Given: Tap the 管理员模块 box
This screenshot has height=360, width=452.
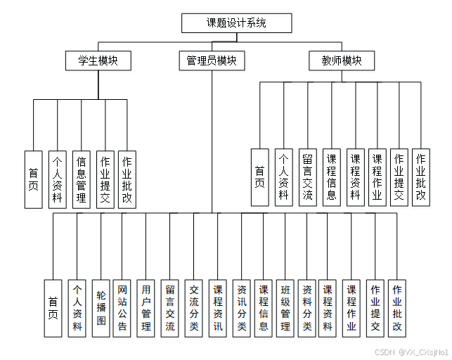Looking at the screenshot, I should click(211, 61).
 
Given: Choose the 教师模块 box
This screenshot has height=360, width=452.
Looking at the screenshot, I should click(336, 61).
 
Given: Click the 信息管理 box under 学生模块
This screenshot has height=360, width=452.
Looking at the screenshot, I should click(82, 179).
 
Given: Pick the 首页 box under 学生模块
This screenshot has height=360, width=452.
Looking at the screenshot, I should click(34, 179).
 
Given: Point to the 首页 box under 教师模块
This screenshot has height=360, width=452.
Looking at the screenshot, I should click(260, 176).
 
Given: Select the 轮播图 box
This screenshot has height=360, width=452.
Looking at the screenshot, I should click(101, 308).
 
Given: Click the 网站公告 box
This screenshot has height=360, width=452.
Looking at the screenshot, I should click(122, 308).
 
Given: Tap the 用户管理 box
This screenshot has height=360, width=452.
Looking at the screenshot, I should click(146, 308).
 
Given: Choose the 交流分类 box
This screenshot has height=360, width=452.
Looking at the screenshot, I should click(194, 308).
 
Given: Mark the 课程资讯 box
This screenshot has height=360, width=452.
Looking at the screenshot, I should click(218, 308).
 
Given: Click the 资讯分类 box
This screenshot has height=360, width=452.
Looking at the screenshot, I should click(242, 308).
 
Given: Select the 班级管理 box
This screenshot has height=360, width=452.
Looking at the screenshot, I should click(285, 308).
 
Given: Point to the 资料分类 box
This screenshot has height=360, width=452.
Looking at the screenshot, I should click(306, 308).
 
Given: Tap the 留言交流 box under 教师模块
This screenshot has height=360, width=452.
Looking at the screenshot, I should click(307, 176).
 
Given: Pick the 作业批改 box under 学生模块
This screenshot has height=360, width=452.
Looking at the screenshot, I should click(127, 179).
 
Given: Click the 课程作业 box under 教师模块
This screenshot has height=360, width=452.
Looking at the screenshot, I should click(377, 176).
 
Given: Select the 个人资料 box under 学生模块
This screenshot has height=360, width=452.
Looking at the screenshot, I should click(58, 179).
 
